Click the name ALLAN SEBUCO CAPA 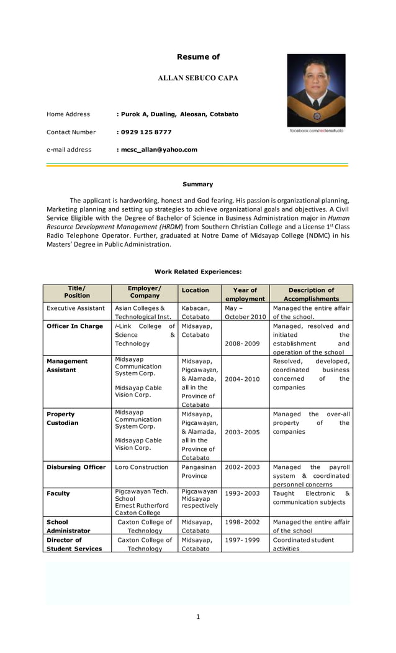198,78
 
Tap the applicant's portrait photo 316,90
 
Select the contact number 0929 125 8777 144,132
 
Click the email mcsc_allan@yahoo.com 157,150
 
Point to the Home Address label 68,114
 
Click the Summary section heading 197,185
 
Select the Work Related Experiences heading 197,272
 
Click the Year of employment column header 245,294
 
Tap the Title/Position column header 77,292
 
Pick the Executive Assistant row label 76,308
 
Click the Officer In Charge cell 74,326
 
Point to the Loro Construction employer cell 142,467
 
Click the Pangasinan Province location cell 199,472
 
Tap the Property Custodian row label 61,419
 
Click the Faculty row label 58,494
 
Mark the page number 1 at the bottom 198,616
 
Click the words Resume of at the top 198,57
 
